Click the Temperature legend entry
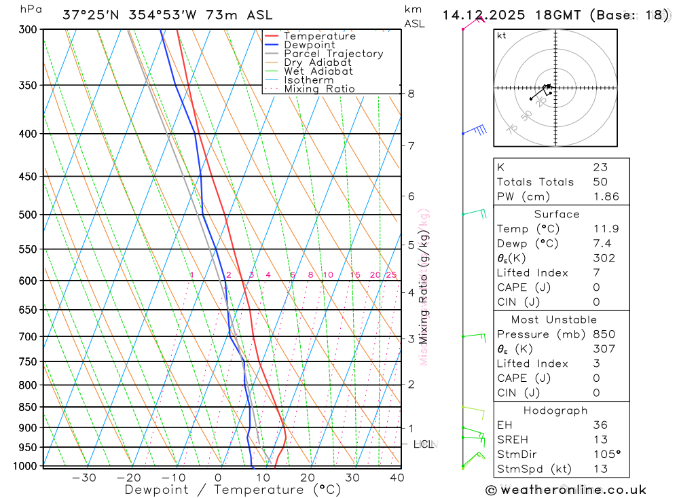coord(319,36)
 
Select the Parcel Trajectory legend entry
coord(333,54)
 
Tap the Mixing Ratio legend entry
coord(319,89)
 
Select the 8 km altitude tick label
coord(411,93)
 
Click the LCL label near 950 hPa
coord(423,444)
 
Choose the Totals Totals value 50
coord(600,181)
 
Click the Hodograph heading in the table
coord(555,410)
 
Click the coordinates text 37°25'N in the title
coord(89,15)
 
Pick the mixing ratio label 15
coord(355,275)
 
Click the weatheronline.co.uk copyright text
coord(566,490)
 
